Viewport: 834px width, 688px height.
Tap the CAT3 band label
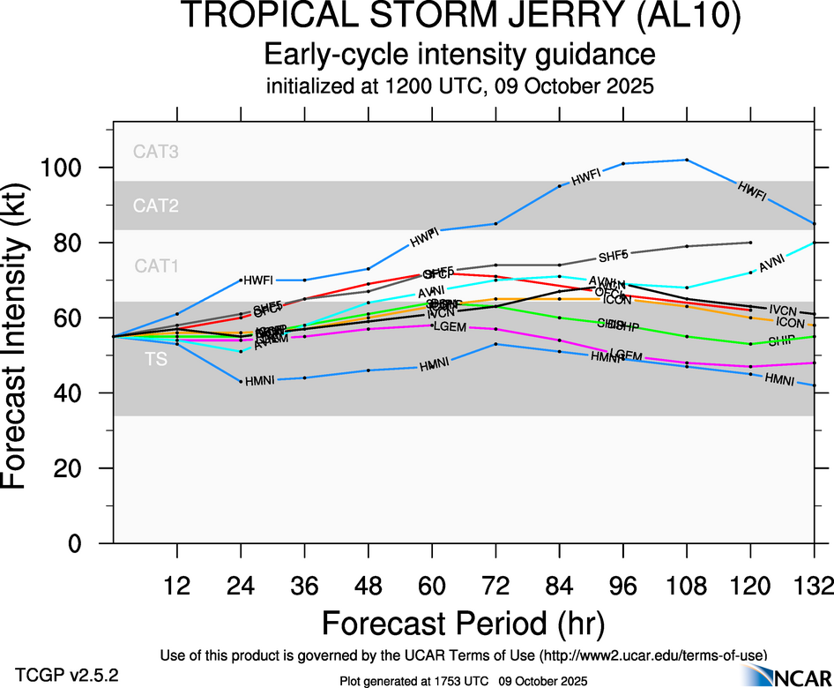[x=156, y=152]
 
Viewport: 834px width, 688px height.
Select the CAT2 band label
[x=156, y=206]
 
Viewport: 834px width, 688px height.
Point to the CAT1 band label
[x=156, y=265]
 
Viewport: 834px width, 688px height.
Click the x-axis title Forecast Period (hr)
[x=463, y=623]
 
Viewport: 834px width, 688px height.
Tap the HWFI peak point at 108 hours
[x=687, y=160]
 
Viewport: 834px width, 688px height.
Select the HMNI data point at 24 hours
[x=241, y=381]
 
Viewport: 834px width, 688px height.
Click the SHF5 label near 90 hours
[x=614, y=257]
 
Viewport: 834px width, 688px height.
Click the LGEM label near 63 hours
[x=450, y=327]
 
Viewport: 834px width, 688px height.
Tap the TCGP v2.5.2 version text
[x=66, y=675]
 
